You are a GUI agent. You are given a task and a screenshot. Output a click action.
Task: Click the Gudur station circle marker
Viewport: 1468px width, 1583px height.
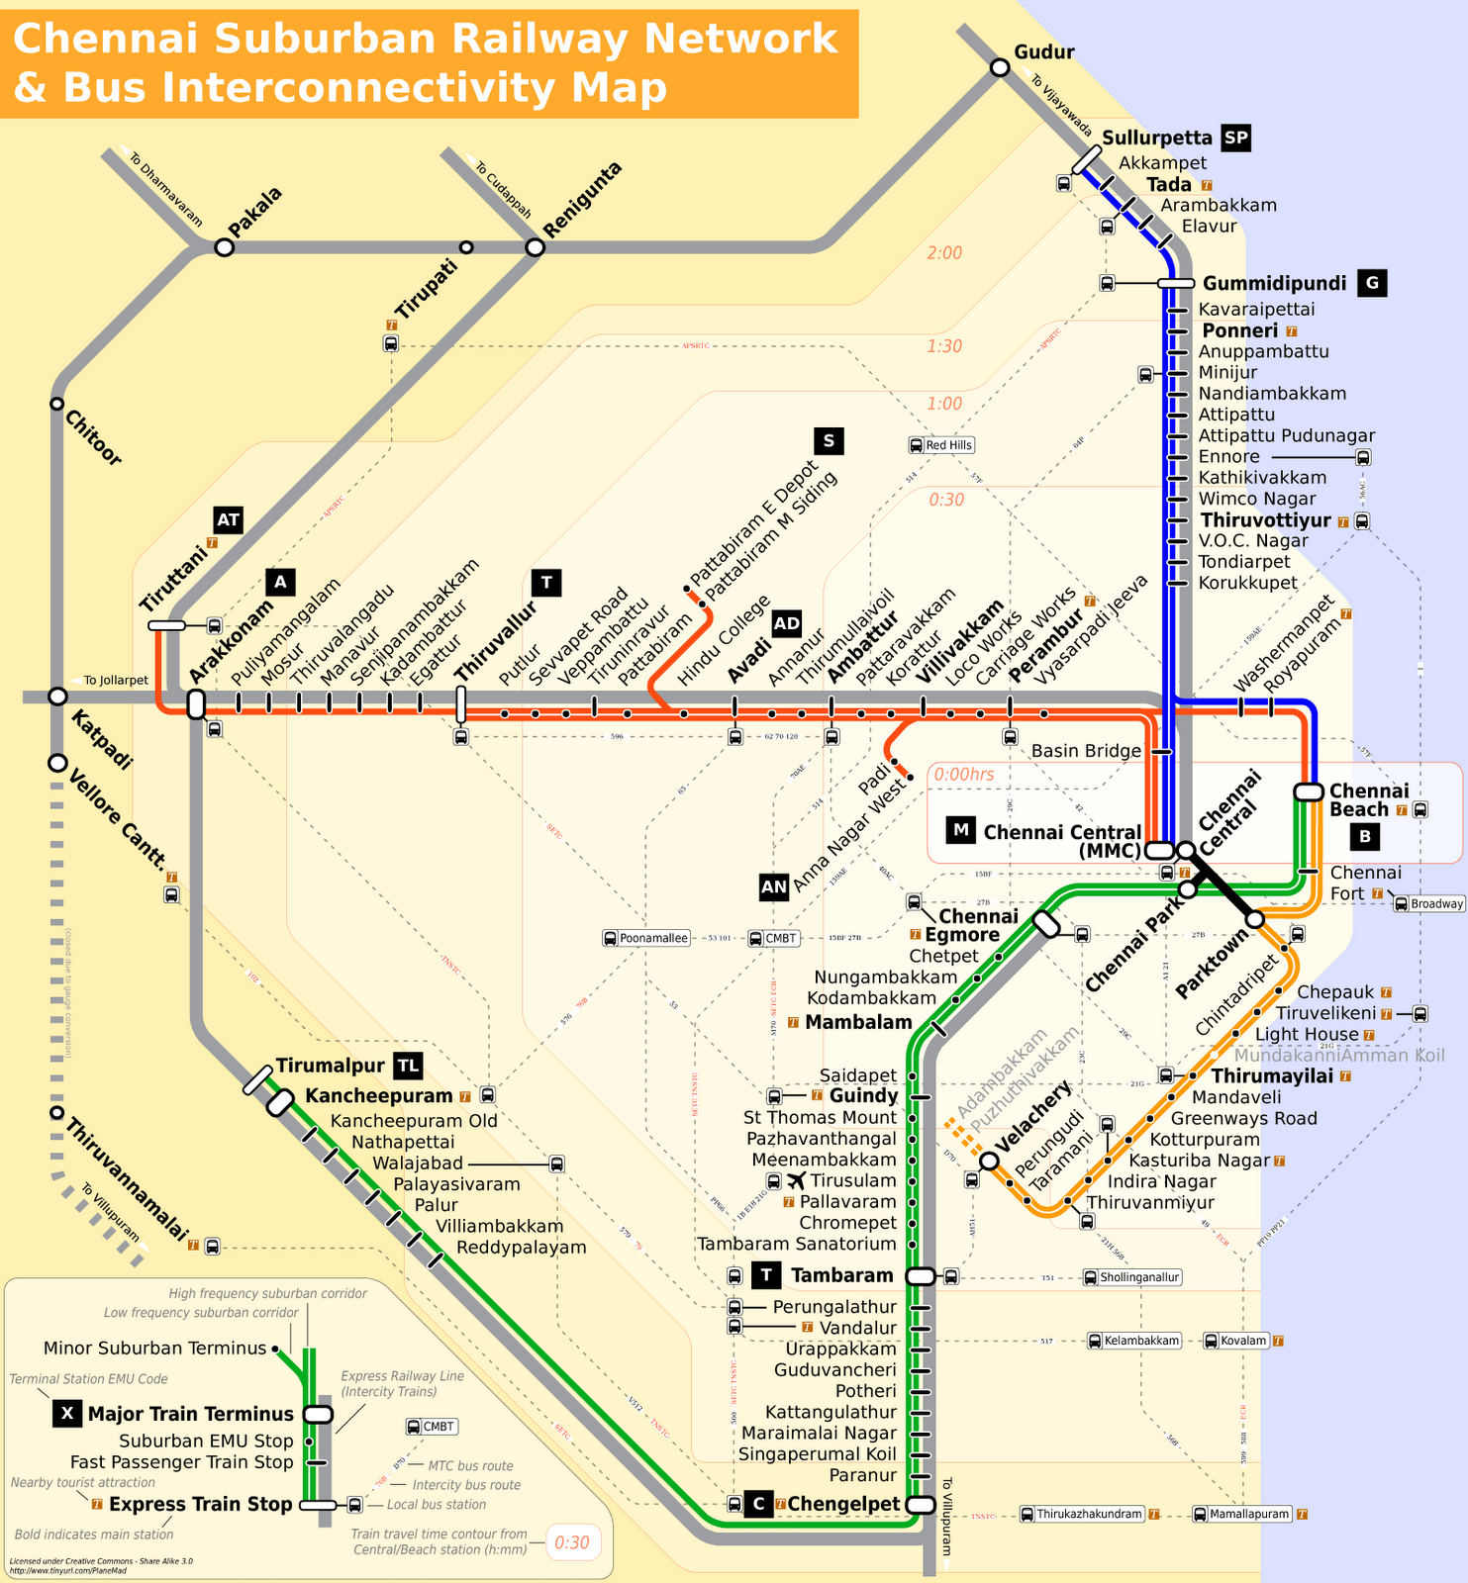[1000, 67]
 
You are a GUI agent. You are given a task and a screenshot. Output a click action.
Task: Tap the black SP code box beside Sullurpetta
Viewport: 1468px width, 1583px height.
[1235, 138]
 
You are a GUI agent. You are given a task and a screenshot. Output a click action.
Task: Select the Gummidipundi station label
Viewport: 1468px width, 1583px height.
[1274, 284]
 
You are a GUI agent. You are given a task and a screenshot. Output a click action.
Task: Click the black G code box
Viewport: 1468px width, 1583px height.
[1372, 283]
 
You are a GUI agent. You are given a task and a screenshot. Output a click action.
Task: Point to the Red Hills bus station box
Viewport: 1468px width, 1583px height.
[941, 445]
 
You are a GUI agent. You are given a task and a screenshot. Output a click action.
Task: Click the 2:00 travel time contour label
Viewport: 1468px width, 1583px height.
[944, 253]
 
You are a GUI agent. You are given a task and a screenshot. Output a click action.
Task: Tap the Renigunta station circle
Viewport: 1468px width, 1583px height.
[535, 247]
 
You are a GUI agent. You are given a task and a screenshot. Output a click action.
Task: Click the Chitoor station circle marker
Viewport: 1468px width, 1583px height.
[57, 404]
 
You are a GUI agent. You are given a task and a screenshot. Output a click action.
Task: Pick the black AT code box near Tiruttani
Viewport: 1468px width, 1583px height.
[228, 520]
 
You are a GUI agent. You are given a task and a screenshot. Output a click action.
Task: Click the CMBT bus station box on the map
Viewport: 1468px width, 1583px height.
[773, 938]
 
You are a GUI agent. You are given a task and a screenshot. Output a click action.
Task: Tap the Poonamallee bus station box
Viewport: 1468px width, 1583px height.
[646, 938]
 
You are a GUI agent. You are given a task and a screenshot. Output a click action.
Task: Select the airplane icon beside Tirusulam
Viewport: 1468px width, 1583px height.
[797, 1180]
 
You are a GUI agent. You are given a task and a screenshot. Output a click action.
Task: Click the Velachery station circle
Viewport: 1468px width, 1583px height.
[988, 1161]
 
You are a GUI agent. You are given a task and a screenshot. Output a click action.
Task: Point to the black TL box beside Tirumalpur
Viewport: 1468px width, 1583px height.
[408, 1066]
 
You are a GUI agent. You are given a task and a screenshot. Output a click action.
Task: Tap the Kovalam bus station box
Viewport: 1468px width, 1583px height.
[1235, 1341]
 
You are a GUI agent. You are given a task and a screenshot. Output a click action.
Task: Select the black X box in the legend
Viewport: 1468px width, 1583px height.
[66, 1413]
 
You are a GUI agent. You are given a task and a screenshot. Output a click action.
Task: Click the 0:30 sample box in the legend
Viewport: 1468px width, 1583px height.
[572, 1542]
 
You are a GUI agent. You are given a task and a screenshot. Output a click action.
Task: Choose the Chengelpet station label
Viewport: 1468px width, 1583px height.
[843, 1505]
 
